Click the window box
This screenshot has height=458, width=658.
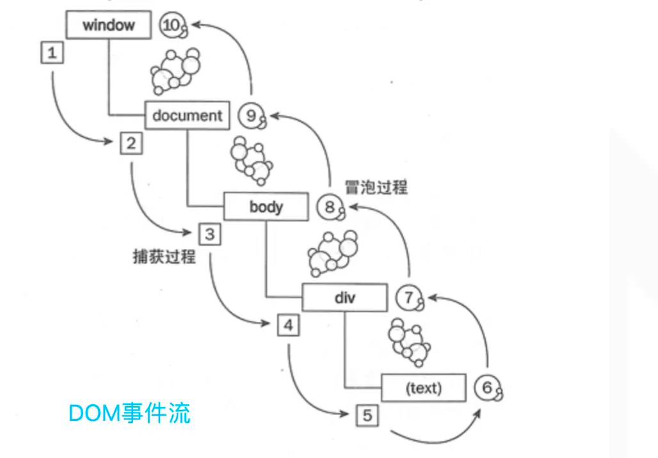(109, 26)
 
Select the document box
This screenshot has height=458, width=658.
(187, 116)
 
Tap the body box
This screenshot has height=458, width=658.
(266, 207)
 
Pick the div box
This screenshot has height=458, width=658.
(344, 297)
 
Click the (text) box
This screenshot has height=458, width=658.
(423, 388)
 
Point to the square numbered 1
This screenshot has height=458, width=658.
(52, 52)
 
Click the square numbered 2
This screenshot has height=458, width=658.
(131, 143)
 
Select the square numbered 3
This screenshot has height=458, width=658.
(209, 234)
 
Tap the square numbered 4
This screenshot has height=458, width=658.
(288, 326)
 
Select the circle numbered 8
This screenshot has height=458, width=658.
(330, 207)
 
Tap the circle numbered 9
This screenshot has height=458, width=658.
(251, 116)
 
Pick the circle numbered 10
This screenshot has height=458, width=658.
(172, 26)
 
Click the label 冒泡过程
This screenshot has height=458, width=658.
(376, 187)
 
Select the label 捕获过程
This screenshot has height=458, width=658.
(164, 257)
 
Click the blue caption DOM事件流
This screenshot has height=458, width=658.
(129, 413)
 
